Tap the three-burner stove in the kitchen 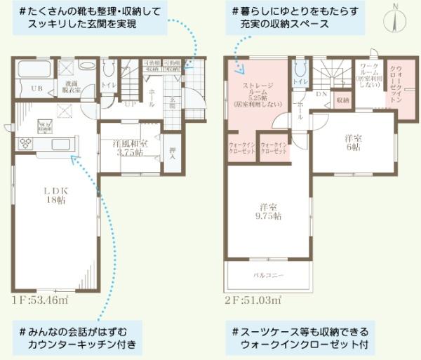coord(24,143)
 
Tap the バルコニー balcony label coord(267,275)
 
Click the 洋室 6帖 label coord(352,142)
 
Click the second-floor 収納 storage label coord(342,101)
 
